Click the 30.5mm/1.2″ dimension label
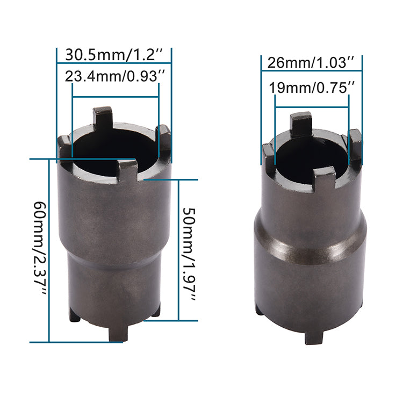[114, 54]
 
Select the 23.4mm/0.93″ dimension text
[114, 76]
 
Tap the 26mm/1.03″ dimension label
[311, 62]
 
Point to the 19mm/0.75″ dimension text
[312, 88]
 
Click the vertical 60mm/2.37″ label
[40, 248]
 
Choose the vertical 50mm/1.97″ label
[190, 254]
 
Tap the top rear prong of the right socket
[301, 124]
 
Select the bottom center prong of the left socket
[118, 333]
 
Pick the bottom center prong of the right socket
[314, 336]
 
